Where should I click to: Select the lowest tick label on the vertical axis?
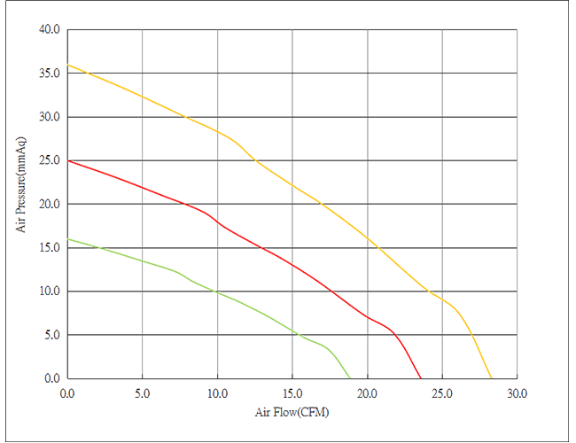click(x=50, y=380)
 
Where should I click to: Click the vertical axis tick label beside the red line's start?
click(x=50, y=160)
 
